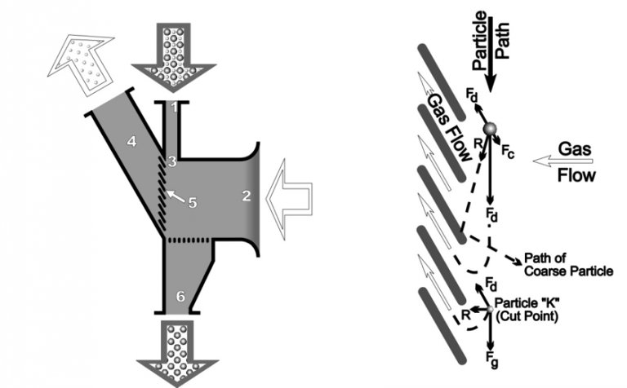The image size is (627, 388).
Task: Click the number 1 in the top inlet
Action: (171, 107)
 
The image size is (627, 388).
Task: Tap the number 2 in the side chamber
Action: (245, 196)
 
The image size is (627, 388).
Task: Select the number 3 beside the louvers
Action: (172, 162)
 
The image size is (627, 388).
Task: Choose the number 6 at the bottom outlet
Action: (181, 298)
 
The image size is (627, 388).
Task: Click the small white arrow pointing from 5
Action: (173, 194)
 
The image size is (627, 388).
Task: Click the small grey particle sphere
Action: (489, 130)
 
